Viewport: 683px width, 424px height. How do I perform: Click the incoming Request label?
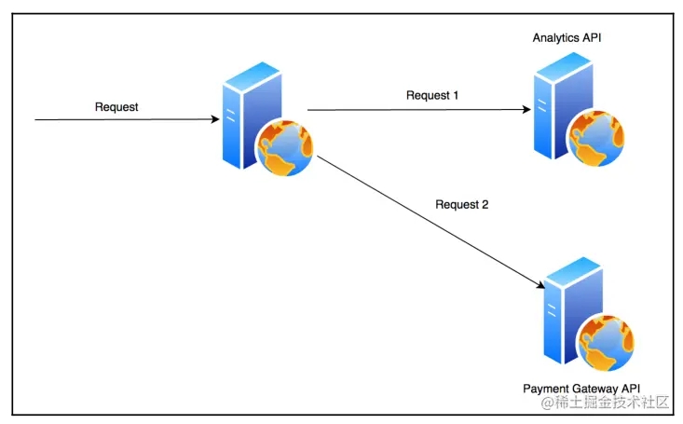click(116, 107)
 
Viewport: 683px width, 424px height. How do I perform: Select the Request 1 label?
click(433, 95)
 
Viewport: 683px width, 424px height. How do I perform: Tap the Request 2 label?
click(463, 204)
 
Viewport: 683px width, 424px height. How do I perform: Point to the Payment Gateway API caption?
click(581, 388)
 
